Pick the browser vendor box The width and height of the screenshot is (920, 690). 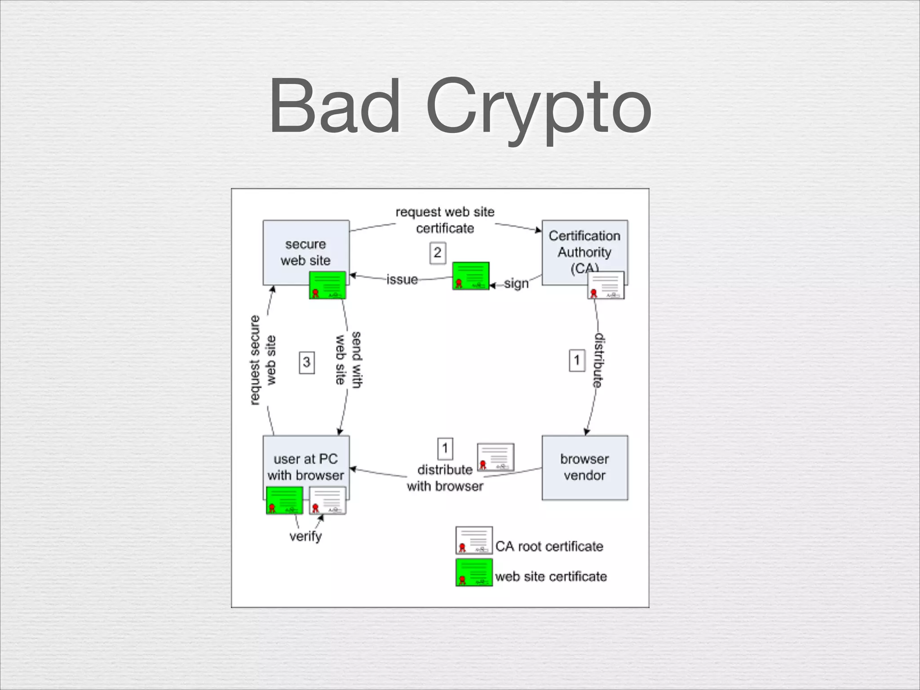[584, 467]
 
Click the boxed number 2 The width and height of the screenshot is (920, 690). [438, 253]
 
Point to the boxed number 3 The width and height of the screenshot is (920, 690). [307, 363]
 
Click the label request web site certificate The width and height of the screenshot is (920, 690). [445, 220]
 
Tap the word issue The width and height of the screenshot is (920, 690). [402, 280]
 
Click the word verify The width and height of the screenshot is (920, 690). [305, 536]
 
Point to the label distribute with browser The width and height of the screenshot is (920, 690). [445, 478]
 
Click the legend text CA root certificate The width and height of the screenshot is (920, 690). [549, 547]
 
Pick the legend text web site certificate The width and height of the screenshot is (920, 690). [551, 577]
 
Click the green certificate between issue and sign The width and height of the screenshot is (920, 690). [471, 276]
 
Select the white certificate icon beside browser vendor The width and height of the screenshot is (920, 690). [495, 457]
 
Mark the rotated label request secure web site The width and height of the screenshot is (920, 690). [263, 360]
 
